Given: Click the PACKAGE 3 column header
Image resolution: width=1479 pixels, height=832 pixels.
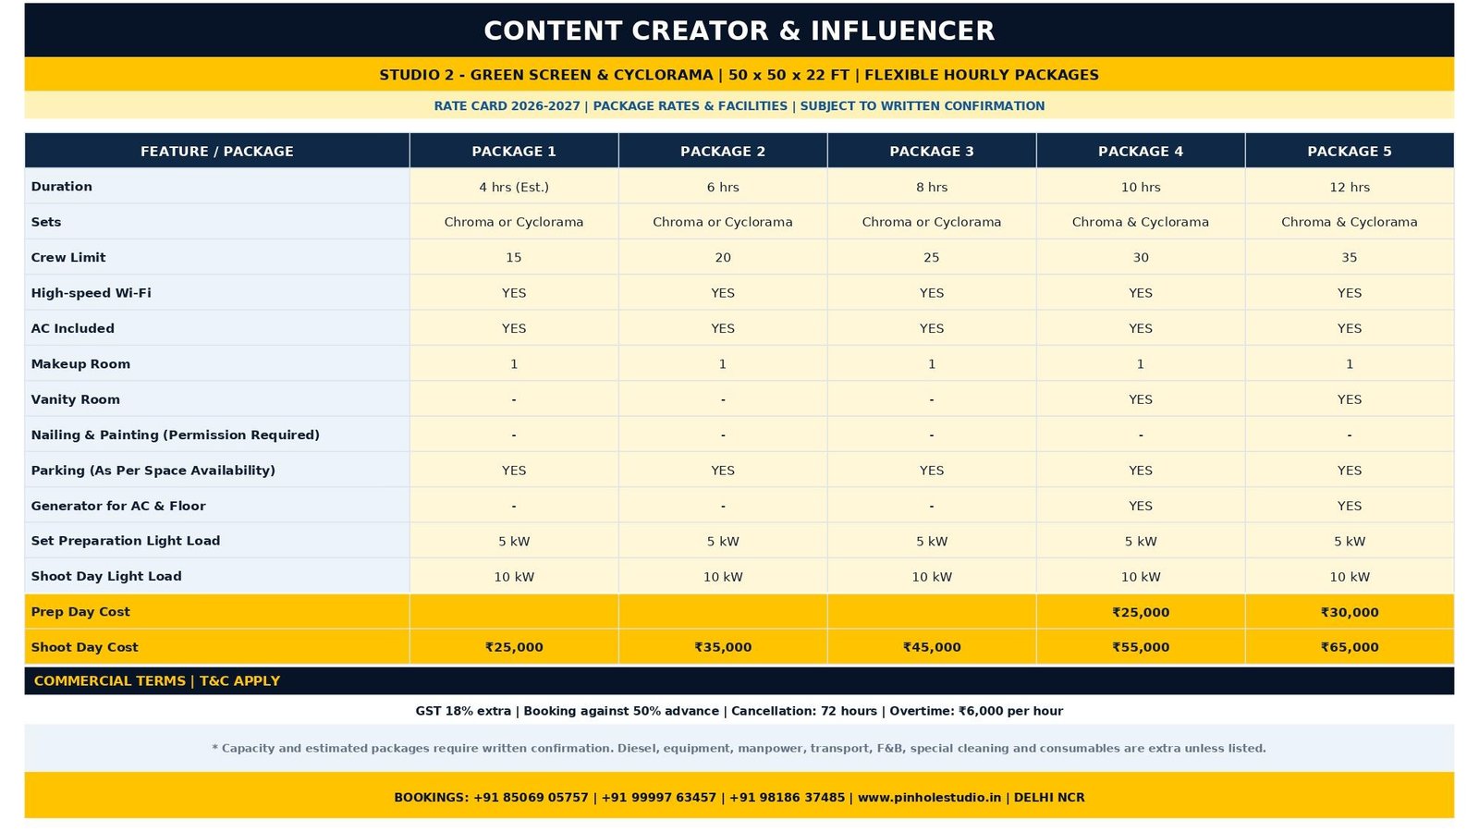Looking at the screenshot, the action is (932, 152).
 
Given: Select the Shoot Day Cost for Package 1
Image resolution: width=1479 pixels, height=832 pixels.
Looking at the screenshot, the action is (514, 647).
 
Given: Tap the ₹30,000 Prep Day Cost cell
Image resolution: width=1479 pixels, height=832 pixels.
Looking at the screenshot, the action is (1350, 612).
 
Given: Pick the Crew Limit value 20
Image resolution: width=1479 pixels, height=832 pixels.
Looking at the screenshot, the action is (723, 258).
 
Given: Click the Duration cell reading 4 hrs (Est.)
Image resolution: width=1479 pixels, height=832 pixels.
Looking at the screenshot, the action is (514, 187).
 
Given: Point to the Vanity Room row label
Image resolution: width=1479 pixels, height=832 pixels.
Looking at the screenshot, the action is (75, 399).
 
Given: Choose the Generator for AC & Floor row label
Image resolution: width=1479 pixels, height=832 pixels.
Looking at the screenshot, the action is (118, 506).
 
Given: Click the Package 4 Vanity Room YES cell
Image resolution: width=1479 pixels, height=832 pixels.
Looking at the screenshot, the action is (1141, 399).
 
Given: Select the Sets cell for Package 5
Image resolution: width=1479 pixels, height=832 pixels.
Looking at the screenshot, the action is (1350, 222).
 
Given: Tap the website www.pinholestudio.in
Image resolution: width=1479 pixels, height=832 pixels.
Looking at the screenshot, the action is (929, 798).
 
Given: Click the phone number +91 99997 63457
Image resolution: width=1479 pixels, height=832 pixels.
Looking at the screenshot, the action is (658, 798).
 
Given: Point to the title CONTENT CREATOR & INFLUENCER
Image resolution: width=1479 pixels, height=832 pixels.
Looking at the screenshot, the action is (739, 31).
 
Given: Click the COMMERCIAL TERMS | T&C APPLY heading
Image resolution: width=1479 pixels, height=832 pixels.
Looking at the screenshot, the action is (157, 680).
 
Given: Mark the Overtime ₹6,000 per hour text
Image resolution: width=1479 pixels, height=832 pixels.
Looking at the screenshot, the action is (976, 711).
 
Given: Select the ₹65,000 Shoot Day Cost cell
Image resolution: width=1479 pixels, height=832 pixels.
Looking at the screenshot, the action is (1350, 647).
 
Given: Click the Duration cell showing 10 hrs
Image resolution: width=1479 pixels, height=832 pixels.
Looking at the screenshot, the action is (1141, 187).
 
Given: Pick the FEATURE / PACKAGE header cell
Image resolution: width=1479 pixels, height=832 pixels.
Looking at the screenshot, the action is (216, 152).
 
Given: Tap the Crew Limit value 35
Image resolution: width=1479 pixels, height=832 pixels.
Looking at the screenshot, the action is (1350, 258).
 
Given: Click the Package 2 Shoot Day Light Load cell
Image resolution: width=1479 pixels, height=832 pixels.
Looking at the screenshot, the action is (723, 577).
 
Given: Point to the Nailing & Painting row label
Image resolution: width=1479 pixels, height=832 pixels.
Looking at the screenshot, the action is (175, 435).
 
